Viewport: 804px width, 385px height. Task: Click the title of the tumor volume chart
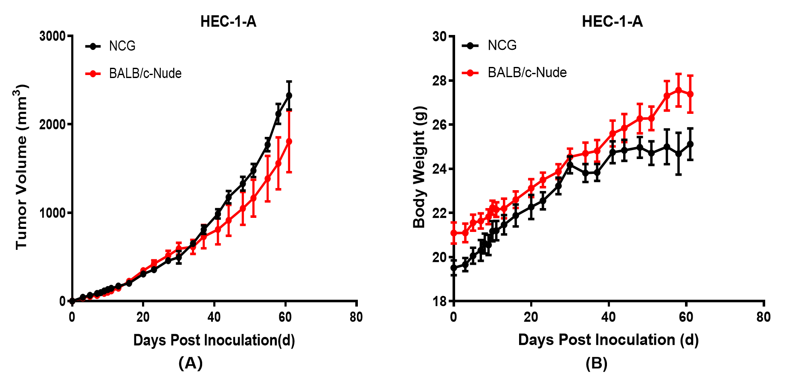pyautogui.click(x=228, y=21)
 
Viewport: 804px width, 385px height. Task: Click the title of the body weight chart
pyautogui.click(x=612, y=21)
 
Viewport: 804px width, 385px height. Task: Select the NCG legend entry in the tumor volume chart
pyautogui.click(x=122, y=46)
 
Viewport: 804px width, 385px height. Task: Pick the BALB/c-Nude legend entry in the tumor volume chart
pyautogui.click(x=145, y=73)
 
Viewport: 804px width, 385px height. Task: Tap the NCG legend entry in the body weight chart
pyautogui.click(x=502, y=45)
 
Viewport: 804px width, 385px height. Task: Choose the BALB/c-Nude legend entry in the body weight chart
pyautogui.click(x=527, y=72)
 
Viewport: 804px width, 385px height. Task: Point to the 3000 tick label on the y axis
pyautogui.click(x=52, y=36)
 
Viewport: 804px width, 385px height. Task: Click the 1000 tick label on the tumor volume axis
pyautogui.click(x=52, y=213)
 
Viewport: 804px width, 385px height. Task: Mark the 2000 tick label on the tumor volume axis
pyautogui.click(x=52, y=124)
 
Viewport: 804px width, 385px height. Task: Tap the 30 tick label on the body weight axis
pyautogui.click(x=439, y=37)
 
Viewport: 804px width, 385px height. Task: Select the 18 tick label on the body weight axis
pyautogui.click(x=439, y=301)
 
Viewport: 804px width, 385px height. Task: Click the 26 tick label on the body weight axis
pyautogui.click(x=439, y=125)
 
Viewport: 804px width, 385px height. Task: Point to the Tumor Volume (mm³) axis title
pyautogui.click(x=21, y=166)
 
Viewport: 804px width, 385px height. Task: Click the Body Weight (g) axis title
pyautogui.click(x=419, y=167)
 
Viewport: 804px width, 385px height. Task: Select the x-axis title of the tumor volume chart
pyautogui.click(x=214, y=340)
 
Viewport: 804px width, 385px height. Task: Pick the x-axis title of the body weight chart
pyautogui.click(x=608, y=340)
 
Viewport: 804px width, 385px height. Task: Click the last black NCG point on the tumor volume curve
pyautogui.click(x=289, y=96)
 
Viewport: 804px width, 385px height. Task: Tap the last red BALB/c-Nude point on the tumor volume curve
pyautogui.click(x=289, y=141)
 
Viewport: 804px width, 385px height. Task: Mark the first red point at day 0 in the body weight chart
pyautogui.click(x=454, y=233)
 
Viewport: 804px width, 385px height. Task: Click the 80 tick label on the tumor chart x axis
pyautogui.click(x=356, y=317)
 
